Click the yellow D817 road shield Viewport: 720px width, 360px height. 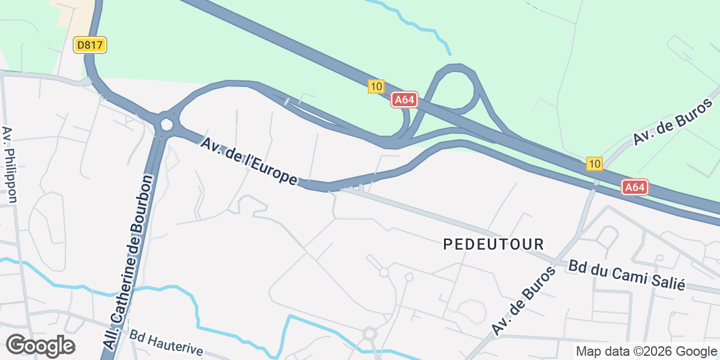click(90, 45)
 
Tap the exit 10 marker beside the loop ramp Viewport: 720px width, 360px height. click(376, 86)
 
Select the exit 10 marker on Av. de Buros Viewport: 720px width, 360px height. click(594, 164)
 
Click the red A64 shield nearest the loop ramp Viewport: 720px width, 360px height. click(404, 100)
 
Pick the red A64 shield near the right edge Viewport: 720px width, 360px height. click(634, 187)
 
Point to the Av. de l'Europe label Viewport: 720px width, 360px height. click(249, 161)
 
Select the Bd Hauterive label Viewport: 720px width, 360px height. click(166, 343)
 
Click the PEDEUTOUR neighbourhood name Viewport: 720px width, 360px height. click(494, 244)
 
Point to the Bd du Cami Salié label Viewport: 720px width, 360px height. click(626, 275)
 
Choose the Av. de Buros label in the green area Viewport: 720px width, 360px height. click(676, 121)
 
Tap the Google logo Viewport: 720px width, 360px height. click(40, 346)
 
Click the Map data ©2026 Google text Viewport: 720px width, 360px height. click(646, 352)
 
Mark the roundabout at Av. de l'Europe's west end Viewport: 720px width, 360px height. click(166, 124)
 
